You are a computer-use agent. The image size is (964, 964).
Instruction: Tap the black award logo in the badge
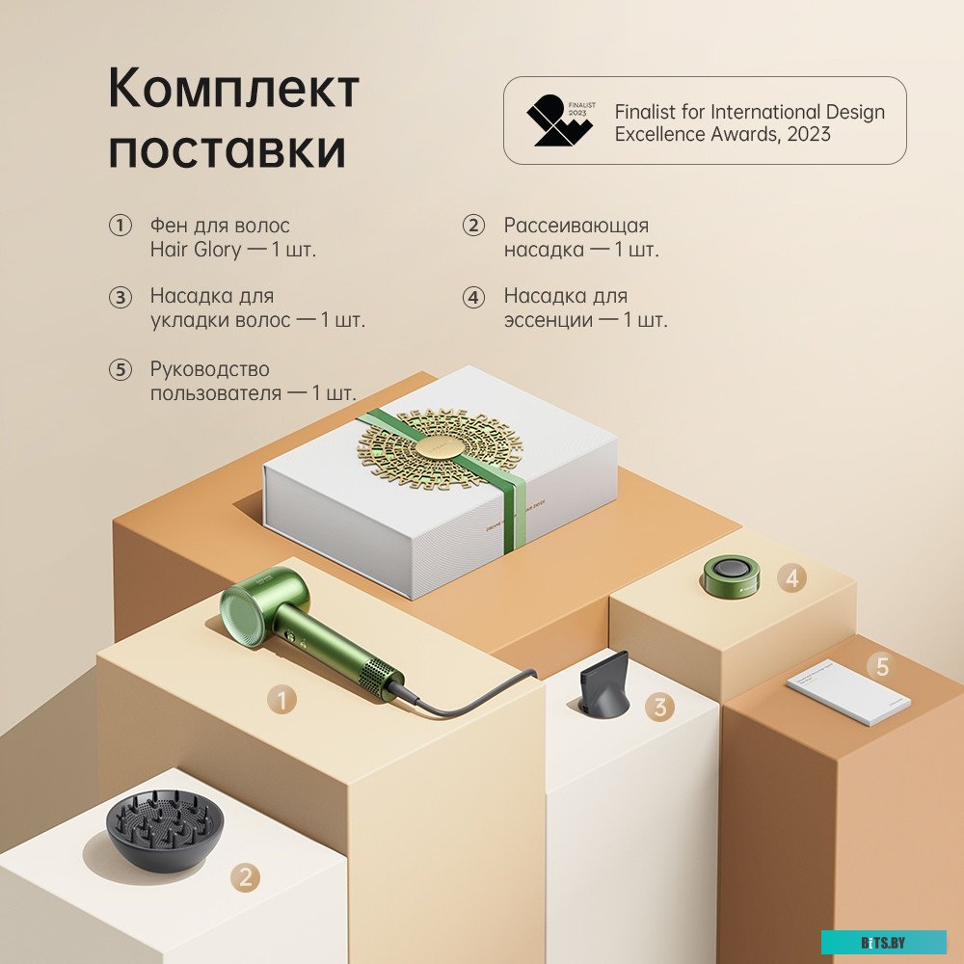click(559, 120)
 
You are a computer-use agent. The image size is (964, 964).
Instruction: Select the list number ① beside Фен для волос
click(120, 226)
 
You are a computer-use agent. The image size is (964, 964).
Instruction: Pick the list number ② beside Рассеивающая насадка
click(472, 226)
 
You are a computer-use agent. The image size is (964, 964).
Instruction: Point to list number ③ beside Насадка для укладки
click(120, 297)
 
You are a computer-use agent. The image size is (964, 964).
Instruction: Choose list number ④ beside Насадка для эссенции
click(472, 297)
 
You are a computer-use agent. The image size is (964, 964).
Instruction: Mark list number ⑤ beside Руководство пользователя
click(120, 369)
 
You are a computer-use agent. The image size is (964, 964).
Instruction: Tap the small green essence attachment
click(731, 575)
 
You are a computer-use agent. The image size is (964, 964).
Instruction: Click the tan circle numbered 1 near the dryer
click(281, 700)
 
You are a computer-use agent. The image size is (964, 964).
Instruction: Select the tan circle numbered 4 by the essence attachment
click(792, 578)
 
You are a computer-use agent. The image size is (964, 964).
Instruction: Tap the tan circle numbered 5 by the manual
click(881, 666)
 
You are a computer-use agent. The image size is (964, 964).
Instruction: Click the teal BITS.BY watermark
click(883, 942)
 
